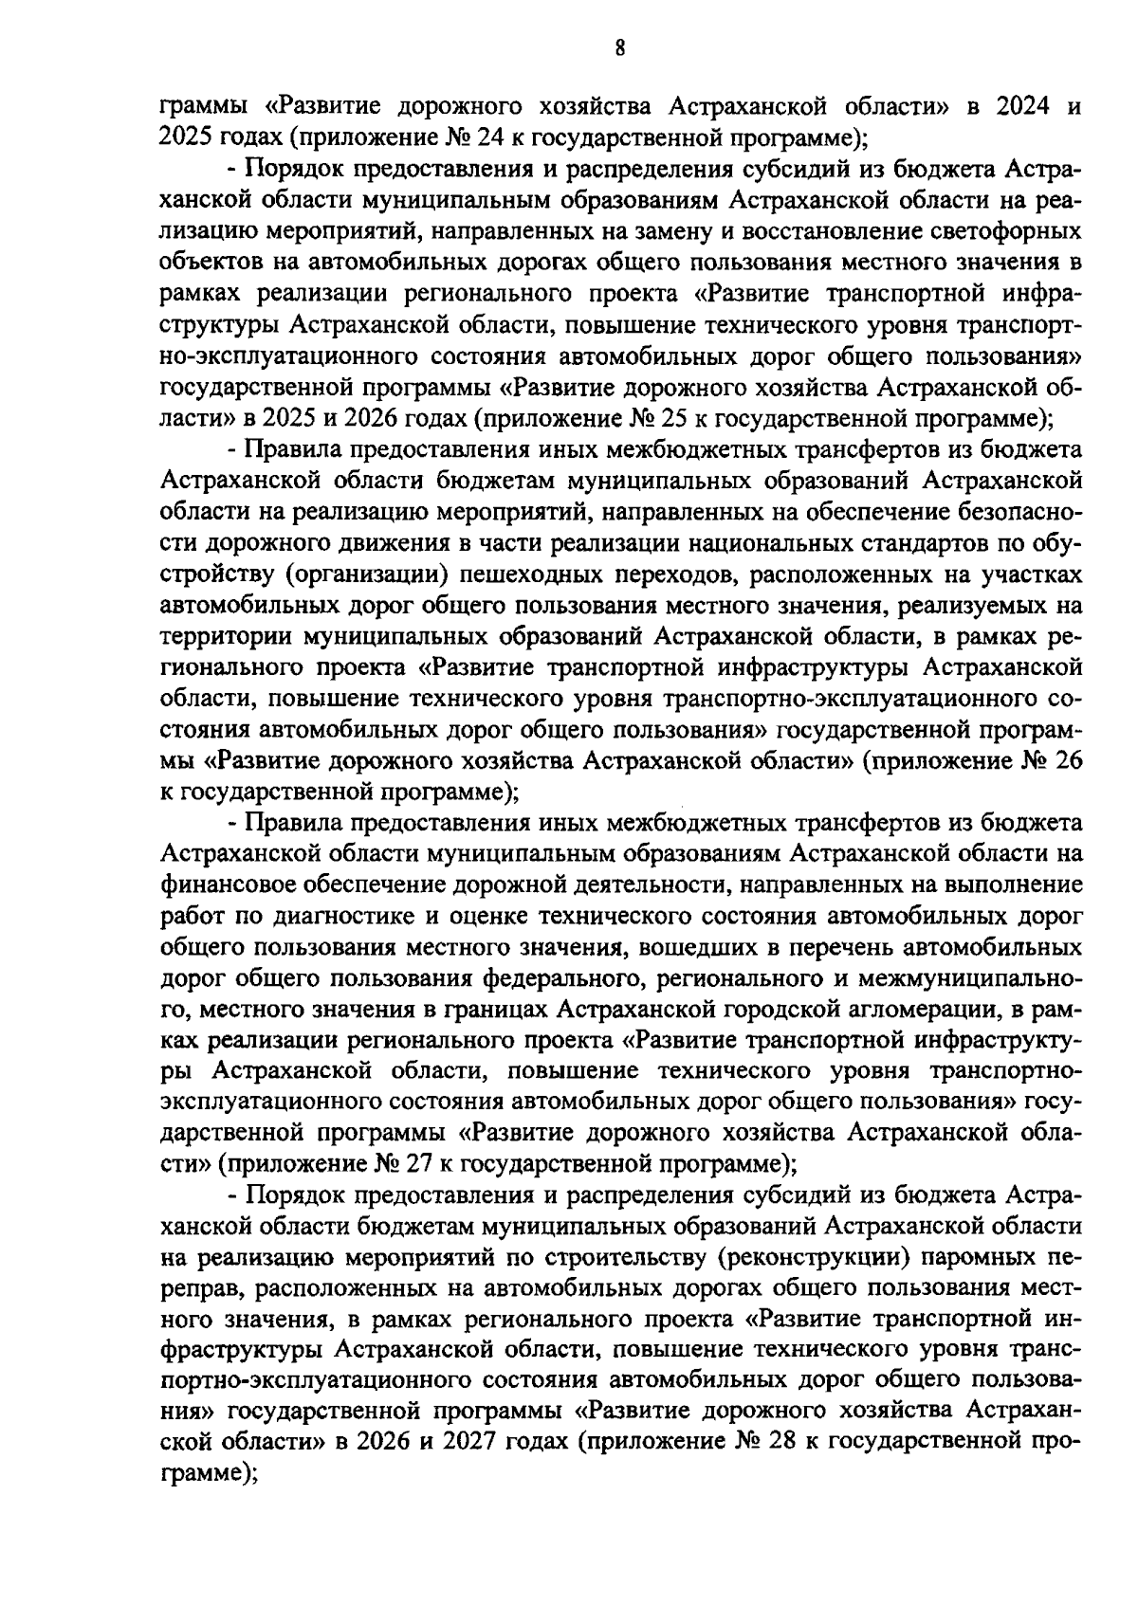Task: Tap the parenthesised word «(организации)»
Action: pyautogui.click(x=362, y=574)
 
